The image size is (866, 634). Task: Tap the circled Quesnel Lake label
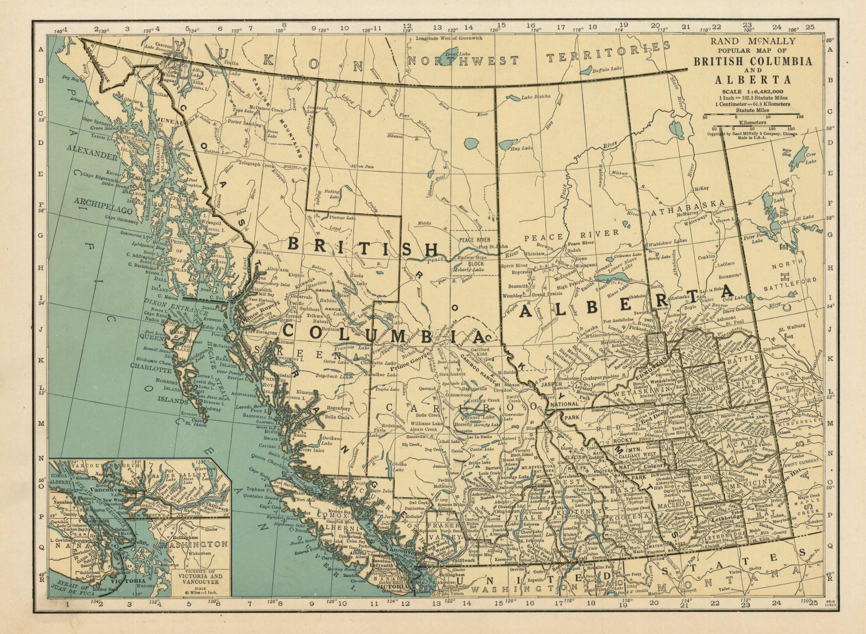tap(477, 419)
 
